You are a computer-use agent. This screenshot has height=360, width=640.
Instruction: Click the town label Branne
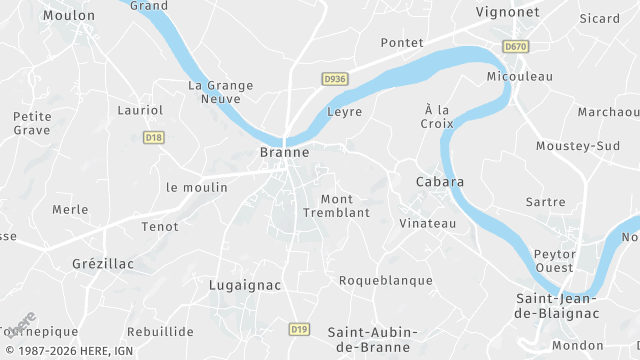(284, 153)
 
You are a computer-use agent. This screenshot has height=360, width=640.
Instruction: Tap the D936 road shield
(334, 78)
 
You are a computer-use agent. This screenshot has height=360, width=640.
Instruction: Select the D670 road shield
(516, 47)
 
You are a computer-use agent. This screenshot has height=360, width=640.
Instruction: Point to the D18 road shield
(153, 138)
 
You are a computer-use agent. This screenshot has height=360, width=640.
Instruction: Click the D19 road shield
(299, 328)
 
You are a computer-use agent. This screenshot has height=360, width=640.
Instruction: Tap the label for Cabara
(440, 182)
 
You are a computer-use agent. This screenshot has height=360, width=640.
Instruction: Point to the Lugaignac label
(245, 285)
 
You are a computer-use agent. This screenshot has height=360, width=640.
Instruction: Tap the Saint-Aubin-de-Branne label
(373, 339)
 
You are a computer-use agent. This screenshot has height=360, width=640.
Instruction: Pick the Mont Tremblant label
(345, 206)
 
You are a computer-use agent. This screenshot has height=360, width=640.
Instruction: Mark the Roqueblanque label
(385, 281)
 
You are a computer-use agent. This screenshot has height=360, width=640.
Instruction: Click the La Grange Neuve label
(221, 93)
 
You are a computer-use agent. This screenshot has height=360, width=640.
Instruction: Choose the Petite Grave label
(33, 123)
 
